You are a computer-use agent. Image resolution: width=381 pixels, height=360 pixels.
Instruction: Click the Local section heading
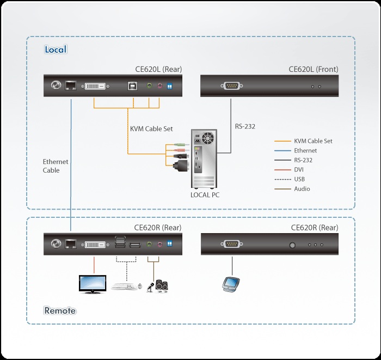[55, 50]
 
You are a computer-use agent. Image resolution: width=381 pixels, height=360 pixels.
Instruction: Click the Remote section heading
[60, 311]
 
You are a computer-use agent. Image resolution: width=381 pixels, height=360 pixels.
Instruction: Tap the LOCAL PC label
[205, 195]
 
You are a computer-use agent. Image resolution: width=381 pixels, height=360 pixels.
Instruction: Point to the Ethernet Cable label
[55, 166]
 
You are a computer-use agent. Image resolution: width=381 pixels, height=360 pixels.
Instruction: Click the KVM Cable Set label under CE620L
[151, 129]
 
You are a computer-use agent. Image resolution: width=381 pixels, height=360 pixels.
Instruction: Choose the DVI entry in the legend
[299, 169]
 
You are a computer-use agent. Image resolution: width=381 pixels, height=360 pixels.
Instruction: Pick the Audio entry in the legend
[302, 189]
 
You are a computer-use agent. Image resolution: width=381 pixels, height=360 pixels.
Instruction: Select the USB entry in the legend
[300, 179]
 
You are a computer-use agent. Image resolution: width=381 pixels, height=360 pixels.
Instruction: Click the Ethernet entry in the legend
[305, 150]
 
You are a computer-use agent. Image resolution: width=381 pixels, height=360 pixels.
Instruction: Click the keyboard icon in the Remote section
[124, 286]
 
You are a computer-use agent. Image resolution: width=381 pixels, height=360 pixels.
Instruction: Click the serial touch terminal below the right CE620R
[230, 283]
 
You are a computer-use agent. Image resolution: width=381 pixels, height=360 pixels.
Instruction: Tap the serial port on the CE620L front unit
[231, 86]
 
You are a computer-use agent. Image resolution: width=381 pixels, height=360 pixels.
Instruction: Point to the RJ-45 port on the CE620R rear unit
[71, 245]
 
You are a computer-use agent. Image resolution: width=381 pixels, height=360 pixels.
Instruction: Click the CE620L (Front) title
[313, 69]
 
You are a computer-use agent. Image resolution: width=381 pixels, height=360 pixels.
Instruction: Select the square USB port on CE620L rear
[131, 86]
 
